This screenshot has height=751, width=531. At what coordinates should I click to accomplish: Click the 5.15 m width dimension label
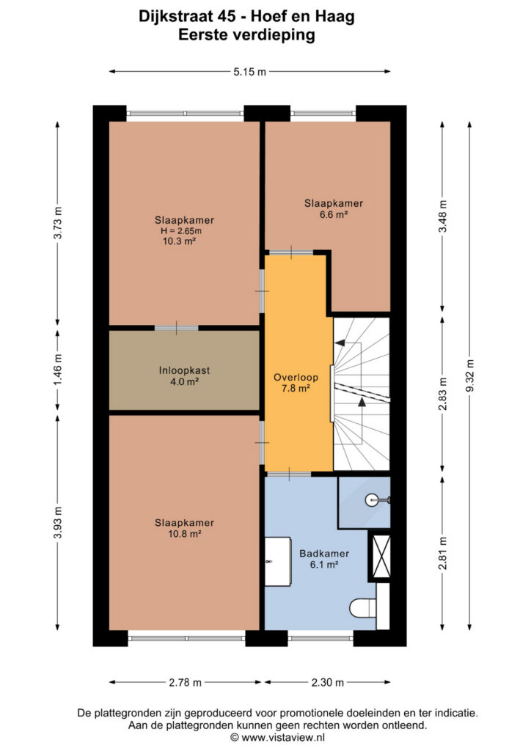(x=249, y=72)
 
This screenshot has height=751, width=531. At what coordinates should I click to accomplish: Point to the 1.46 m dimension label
(x=57, y=370)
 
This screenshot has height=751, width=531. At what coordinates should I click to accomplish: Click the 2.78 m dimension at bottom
(x=185, y=682)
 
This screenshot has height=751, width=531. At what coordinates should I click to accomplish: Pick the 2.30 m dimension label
(x=328, y=682)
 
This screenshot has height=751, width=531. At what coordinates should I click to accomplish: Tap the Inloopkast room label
(x=184, y=370)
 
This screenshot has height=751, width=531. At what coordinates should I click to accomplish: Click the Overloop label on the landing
(x=296, y=378)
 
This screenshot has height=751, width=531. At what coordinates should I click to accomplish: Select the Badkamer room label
(x=324, y=553)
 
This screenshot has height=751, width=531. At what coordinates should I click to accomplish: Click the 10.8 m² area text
(x=184, y=534)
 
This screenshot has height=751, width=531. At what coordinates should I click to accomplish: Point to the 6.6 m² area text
(x=334, y=214)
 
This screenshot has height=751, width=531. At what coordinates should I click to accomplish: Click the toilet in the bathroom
(x=364, y=609)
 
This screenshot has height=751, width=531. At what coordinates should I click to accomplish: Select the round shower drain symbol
(x=372, y=500)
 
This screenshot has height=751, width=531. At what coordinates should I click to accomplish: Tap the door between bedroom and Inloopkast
(x=176, y=328)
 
